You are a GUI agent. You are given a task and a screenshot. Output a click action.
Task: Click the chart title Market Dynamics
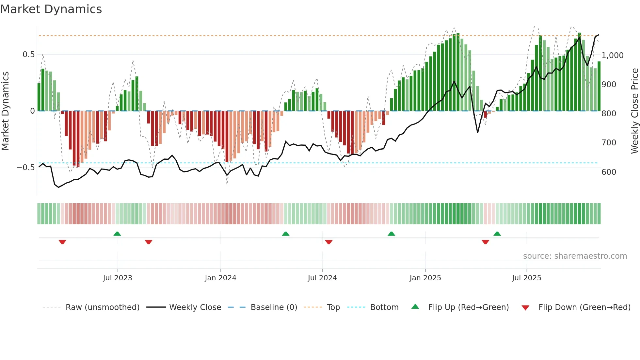tap(51, 9)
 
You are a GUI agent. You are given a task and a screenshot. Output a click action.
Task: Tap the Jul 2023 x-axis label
tap(118, 278)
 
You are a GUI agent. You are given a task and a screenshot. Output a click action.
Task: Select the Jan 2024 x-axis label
tap(220, 278)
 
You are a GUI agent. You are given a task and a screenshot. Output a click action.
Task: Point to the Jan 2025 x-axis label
tap(425, 278)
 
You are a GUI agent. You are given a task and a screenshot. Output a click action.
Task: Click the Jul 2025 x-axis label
tap(526, 278)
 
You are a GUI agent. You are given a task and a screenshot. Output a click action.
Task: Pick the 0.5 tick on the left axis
tap(29, 55)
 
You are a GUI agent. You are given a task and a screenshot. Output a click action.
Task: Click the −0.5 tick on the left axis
tap(26, 168)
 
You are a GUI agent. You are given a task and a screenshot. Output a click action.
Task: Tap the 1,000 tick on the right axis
tap(612, 56)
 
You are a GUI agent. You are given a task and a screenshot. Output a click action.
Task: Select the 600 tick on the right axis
tap(609, 172)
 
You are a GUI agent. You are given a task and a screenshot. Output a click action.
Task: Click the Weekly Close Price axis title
tap(634, 111)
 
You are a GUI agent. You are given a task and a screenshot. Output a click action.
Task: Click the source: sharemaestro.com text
tap(575, 256)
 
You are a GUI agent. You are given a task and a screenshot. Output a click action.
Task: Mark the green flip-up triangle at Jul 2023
tap(117, 234)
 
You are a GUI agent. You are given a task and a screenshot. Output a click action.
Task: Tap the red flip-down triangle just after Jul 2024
tap(329, 242)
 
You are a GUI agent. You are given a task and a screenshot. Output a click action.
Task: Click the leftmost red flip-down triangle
tap(62, 242)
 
